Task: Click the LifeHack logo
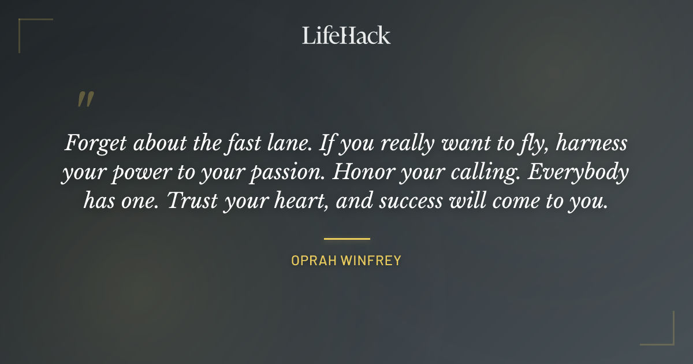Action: pyautogui.click(x=346, y=35)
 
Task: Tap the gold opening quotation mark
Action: pyautogui.click(x=85, y=99)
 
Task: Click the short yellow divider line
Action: pyautogui.click(x=346, y=238)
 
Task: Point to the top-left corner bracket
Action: pyautogui.click(x=26, y=26)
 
